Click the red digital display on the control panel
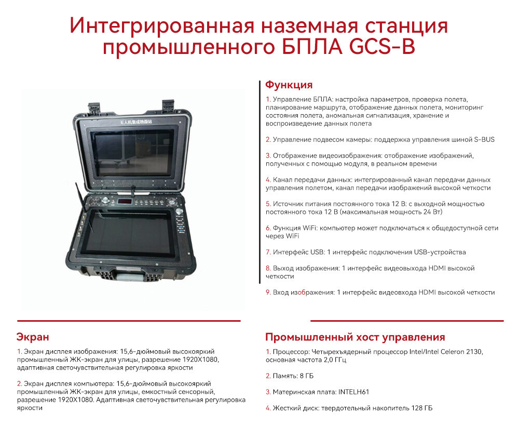(x=126, y=201)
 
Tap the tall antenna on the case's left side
(x=79, y=198)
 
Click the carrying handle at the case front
(x=130, y=275)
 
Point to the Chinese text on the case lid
(x=135, y=122)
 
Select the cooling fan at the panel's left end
(x=95, y=201)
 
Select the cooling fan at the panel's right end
(x=172, y=201)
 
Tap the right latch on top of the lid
(x=168, y=105)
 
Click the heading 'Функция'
(x=289, y=85)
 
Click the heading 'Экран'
(x=33, y=337)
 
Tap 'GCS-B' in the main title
(x=382, y=47)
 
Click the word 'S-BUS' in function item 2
(x=484, y=140)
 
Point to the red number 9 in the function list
(x=268, y=293)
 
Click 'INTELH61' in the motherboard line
(x=353, y=392)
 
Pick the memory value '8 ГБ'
(x=307, y=376)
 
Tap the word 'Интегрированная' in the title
(x=162, y=25)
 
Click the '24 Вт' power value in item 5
(x=431, y=212)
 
